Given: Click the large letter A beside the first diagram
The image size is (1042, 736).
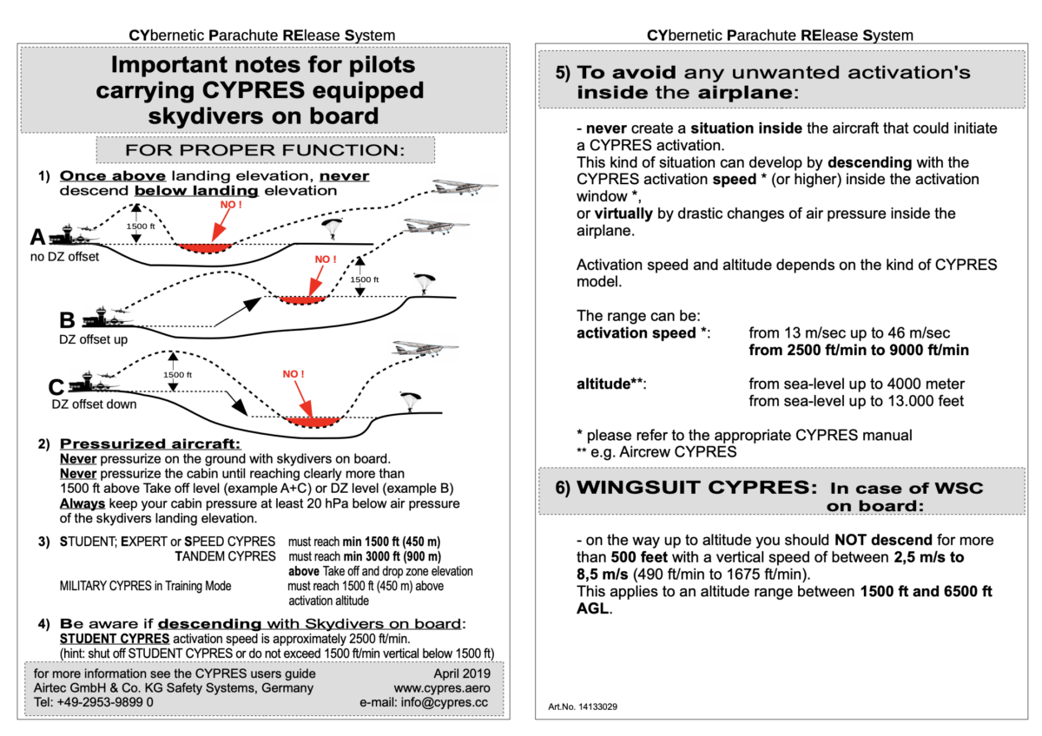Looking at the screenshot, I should coord(37,236).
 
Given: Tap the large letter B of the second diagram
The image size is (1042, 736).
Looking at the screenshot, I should coord(67,319).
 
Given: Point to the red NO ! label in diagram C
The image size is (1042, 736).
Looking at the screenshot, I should coord(293,374).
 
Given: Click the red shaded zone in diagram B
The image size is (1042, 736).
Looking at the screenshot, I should coord(301,299).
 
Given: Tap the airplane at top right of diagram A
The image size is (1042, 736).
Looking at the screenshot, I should coord(465,187).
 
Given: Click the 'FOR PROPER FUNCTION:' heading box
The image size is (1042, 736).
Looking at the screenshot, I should coord(265,150).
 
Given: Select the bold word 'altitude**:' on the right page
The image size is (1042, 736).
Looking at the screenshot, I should coord(611,383).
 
